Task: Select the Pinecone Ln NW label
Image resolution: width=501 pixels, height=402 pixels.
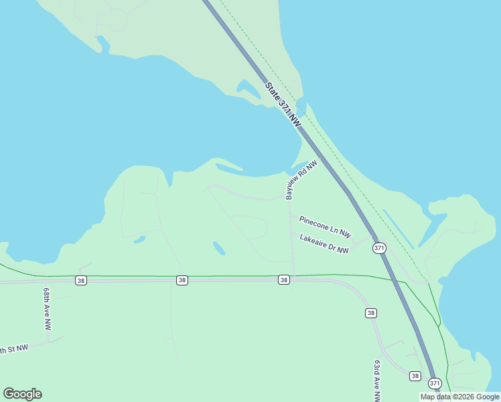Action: click(325, 226)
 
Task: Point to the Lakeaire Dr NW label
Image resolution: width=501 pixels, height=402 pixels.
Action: click(324, 243)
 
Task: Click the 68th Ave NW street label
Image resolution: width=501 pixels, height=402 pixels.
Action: click(47, 310)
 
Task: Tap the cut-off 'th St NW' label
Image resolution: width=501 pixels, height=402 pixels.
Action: click(13, 349)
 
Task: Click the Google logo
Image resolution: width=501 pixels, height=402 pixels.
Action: click(22, 393)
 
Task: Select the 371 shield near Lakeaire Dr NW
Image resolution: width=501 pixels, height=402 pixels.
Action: click(380, 248)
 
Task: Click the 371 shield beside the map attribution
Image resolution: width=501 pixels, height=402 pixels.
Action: click(435, 383)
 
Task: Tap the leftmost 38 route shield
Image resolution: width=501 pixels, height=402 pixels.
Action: click(81, 279)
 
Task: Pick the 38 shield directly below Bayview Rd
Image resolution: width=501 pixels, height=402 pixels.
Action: click(284, 279)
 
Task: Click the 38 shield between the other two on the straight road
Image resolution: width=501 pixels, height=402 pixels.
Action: click(182, 279)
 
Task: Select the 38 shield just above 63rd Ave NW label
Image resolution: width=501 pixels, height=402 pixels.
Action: click(371, 313)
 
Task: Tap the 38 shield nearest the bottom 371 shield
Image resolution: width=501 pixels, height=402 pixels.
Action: click(415, 376)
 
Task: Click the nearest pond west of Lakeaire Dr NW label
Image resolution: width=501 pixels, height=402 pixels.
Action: click(218, 248)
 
